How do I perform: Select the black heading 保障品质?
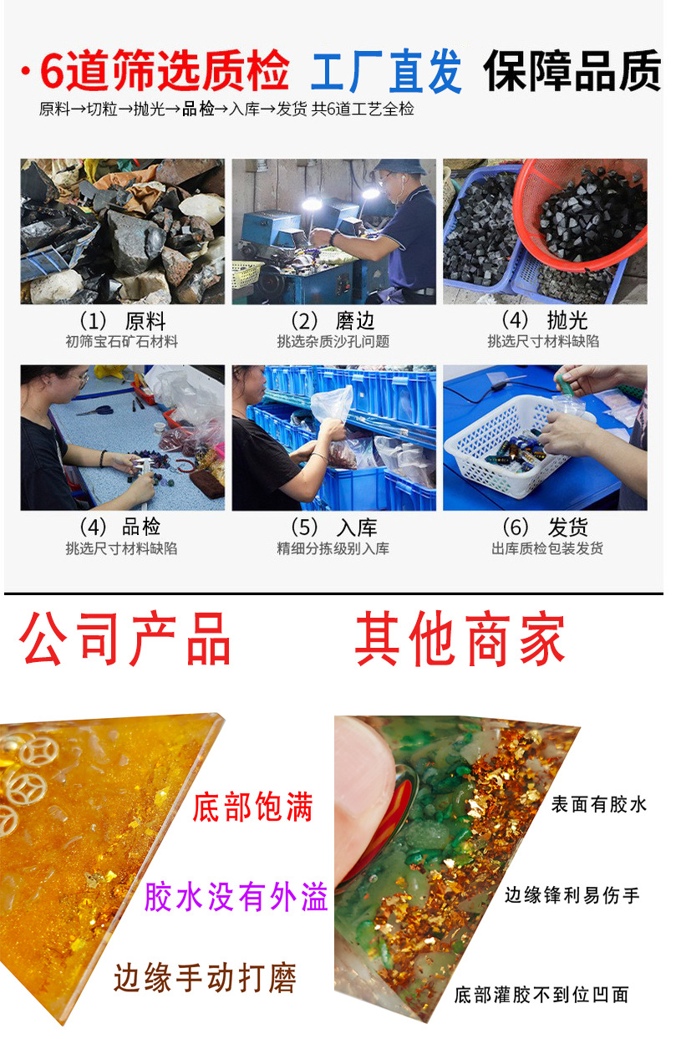572,70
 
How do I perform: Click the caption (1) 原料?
122,321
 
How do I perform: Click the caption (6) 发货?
544,527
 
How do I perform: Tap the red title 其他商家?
460,639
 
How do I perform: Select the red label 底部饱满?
252,808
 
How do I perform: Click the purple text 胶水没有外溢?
236,897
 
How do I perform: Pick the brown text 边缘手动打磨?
205,977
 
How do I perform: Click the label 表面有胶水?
598,805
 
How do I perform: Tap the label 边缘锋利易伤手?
572,895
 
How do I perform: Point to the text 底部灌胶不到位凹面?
541,995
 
